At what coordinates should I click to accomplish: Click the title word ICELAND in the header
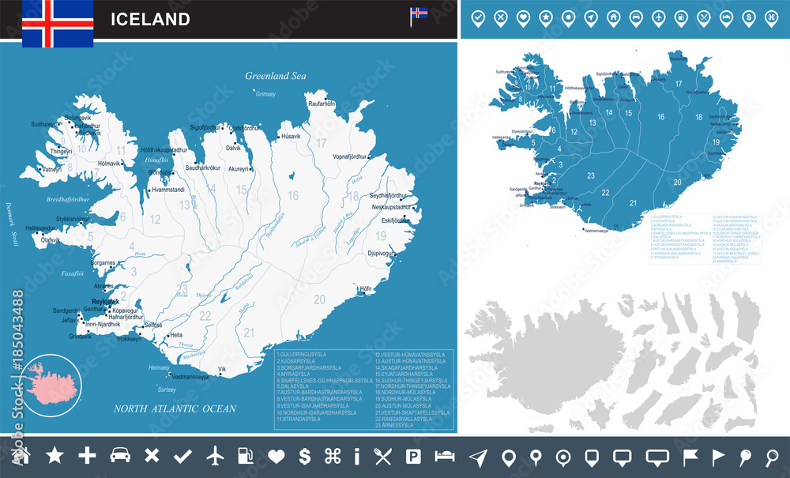[150, 19]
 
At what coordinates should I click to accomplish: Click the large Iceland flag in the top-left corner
[58, 22]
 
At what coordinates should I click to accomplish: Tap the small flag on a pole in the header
[418, 15]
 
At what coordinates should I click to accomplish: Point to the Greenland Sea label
[275, 76]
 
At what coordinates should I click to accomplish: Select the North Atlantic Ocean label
[175, 408]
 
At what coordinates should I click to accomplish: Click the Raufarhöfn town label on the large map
[322, 104]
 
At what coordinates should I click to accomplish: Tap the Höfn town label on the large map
[365, 289]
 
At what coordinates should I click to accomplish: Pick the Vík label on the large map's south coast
[222, 369]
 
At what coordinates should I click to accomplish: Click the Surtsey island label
[167, 390]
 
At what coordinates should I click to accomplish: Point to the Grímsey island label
[265, 94]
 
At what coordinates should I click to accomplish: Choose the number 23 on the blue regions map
[590, 176]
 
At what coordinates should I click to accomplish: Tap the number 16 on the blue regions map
[660, 117]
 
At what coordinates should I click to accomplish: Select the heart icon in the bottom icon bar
[275, 456]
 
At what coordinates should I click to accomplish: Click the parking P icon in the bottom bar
[412, 456]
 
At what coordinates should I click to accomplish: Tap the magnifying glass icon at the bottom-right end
[772, 456]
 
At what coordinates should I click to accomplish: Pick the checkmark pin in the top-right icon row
[477, 18]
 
